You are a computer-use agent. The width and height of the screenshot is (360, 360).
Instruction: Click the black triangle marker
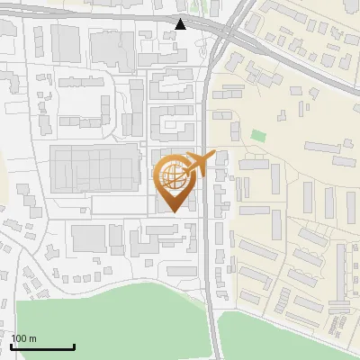coord(182,24)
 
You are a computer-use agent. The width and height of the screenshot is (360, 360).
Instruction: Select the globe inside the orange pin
coord(174,175)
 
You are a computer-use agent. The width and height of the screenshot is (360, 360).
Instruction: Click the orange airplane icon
coord(197,163)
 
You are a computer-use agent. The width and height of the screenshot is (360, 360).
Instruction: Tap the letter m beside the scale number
coord(32,338)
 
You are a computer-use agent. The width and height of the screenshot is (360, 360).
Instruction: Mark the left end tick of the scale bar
coord(11,346)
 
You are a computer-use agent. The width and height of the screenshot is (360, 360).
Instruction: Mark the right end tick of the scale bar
coord(74,346)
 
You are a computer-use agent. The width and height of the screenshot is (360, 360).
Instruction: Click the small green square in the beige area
coord(259,136)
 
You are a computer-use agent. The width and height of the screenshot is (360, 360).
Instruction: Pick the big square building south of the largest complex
coord(88,238)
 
